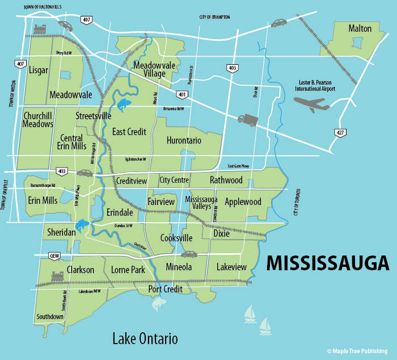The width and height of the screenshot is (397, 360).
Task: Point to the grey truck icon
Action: tap(248, 120)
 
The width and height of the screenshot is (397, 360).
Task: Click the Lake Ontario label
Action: tap(145, 339)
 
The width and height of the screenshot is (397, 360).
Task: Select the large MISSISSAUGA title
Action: tap(328, 263)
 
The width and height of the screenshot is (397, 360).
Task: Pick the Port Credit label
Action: tap(165, 289)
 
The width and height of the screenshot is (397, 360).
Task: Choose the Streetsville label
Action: tap(94, 116)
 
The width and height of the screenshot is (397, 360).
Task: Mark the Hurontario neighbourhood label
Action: tap(185, 140)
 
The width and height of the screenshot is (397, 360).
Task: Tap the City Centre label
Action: tap(174, 181)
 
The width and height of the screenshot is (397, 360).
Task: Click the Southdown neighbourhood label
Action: tap(50, 316)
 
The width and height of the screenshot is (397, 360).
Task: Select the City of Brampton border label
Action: tap(214, 18)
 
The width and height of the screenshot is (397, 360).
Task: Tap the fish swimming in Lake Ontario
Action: tap(157, 305)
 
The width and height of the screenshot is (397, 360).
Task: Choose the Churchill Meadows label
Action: tap(38, 120)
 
